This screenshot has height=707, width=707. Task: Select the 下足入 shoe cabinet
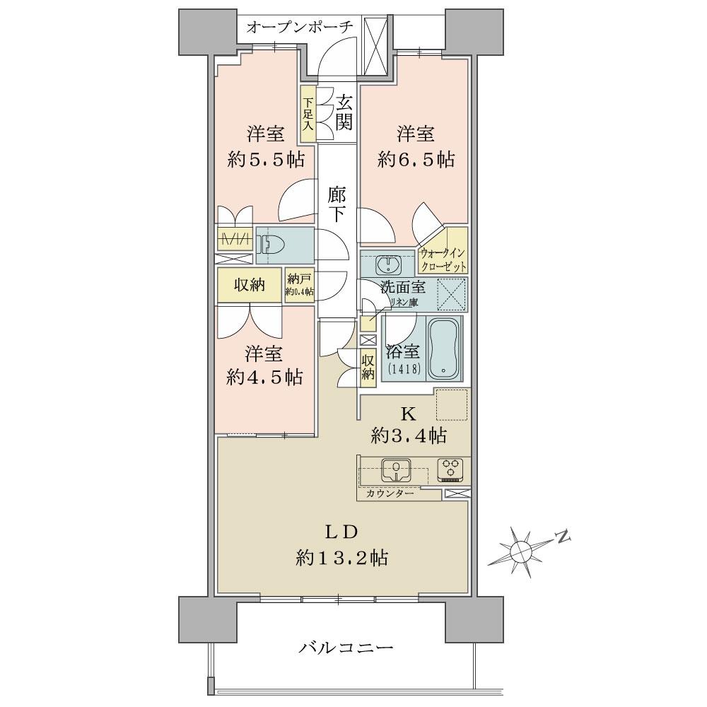click(x=308, y=114)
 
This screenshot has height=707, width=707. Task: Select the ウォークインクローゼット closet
click(x=443, y=259)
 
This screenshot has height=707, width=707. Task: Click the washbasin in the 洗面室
click(x=387, y=264)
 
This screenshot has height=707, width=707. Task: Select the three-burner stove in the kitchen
click(x=450, y=468)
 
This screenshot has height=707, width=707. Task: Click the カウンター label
click(x=391, y=493)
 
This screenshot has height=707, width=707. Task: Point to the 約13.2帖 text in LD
click(x=341, y=558)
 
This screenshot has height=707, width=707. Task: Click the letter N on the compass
click(x=563, y=537)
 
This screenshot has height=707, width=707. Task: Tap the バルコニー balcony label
click(x=345, y=646)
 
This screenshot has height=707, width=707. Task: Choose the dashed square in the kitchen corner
click(x=452, y=405)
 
